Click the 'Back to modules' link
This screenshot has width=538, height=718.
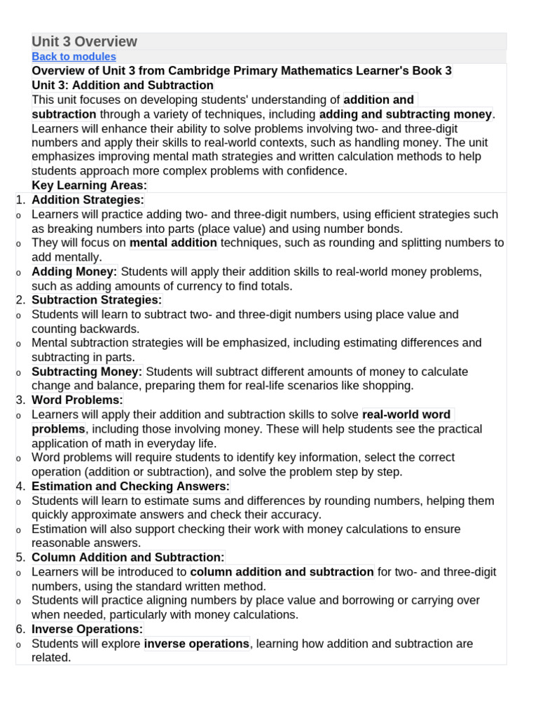tap(74, 57)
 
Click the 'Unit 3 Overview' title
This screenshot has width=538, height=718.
tap(84, 41)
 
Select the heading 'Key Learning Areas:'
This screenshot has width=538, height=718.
tap(90, 185)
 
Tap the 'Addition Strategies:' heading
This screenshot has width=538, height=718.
tap(88, 200)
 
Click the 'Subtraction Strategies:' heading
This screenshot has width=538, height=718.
tap(97, 300)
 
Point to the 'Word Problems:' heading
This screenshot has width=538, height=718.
tap(77, 400)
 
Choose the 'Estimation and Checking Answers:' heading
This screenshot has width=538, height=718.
tap(130, 486)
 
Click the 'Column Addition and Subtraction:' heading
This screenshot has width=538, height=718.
tap(128, 557)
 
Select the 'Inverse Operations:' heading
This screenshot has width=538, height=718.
tap(87, 629)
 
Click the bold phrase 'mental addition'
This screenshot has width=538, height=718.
tap(174, 243)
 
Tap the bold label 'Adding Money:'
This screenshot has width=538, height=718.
tap(74, 271)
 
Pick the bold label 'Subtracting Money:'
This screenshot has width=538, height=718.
tap(87, 372)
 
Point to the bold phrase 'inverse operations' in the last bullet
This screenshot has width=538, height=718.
tap(197, 644)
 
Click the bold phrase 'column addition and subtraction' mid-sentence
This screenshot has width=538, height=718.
tap(282, 572)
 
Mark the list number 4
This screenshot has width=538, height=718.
tap(21, 486)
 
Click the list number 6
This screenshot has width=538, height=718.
tap(21, 629)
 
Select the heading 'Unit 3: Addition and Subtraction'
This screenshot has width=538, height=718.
tap(123, 86)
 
